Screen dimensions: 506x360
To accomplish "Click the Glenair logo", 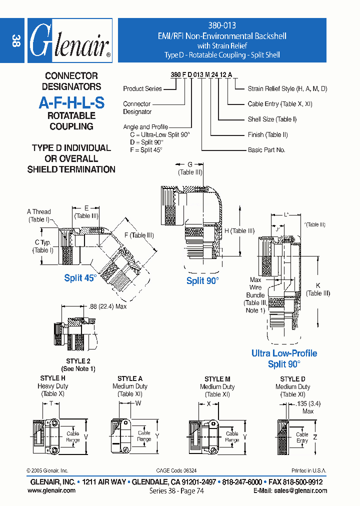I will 70,41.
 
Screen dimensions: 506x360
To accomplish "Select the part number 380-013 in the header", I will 221,25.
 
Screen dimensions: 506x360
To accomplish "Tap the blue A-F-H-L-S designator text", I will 71,103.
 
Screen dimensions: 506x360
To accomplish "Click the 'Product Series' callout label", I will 142,88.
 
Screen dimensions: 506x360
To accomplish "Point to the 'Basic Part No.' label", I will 266,150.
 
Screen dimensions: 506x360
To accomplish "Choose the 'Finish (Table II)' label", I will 267,134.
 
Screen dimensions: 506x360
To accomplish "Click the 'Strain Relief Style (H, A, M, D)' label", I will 287,88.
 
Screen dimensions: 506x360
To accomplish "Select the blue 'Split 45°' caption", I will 79,278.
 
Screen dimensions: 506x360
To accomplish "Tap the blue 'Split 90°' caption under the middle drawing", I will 202,281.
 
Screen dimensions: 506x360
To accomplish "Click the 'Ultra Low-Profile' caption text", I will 284,353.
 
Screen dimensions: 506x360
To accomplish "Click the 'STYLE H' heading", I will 52,378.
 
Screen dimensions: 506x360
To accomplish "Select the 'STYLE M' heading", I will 217,379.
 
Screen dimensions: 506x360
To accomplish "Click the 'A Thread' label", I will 39,212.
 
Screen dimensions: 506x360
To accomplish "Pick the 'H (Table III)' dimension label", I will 239,230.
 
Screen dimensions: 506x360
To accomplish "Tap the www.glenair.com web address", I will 51,490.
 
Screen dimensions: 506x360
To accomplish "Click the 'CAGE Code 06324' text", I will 176,470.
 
